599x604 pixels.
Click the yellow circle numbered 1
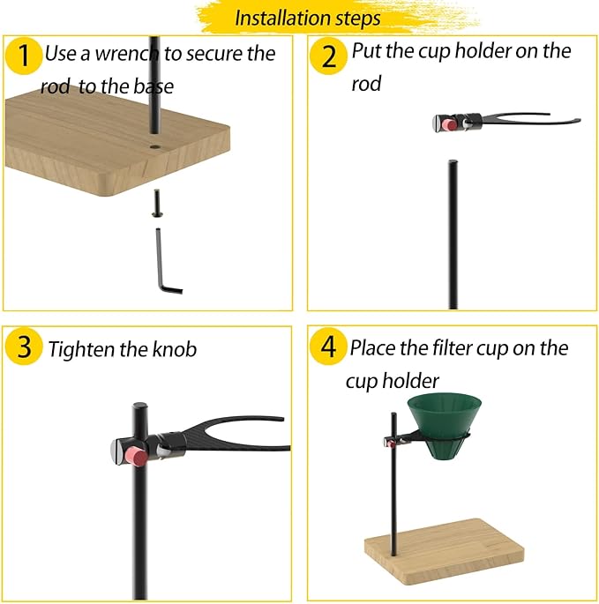pyautogui.click(x=24, y=56)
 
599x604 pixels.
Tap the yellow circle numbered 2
pyautogui.click(x=328, y=56)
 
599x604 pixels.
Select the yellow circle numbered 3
pyautogui.click(x=24, y=347)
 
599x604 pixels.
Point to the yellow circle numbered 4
pyautogui.click(x=328, y=347)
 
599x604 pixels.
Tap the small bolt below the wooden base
pyautogui.click(x=157, y=203)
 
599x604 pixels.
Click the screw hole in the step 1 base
pyautogui.click(x=155, y=146)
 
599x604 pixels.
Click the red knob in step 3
pyautogui.click(x=136, y=456)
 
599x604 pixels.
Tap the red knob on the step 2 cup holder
pyautogui.click(x=448, y=124)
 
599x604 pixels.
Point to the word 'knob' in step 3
pyautogui.click(x=175, y=349)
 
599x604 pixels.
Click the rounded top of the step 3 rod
pyautogui.click(x=139, y=406)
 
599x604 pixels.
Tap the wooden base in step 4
pyautogui.click(x=444, y=552)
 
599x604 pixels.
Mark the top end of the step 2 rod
pyautogui.click(x=453, y=161)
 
